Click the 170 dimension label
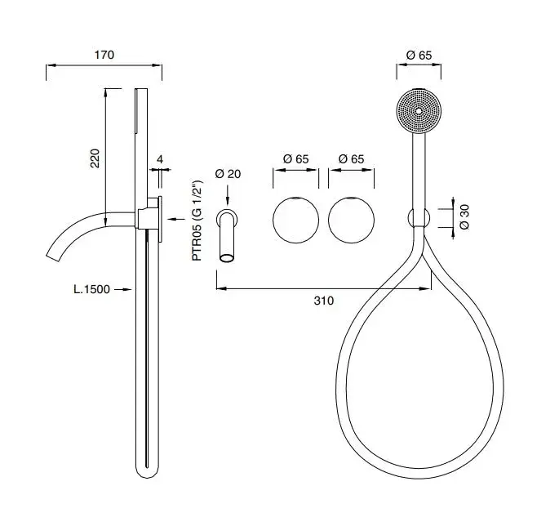[x=104, y=55]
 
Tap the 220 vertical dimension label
[x=95, y=158]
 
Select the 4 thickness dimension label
[x=160, y=159]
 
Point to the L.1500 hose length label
[x=91, y=289]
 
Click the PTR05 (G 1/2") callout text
[x=197, y=221]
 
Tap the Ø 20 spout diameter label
[x=228, y=174]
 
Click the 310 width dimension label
[x=324, y=301]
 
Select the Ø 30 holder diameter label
[x=464, y=216]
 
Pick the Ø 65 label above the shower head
[x=419, y=56]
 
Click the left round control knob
[x=296, y=221]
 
